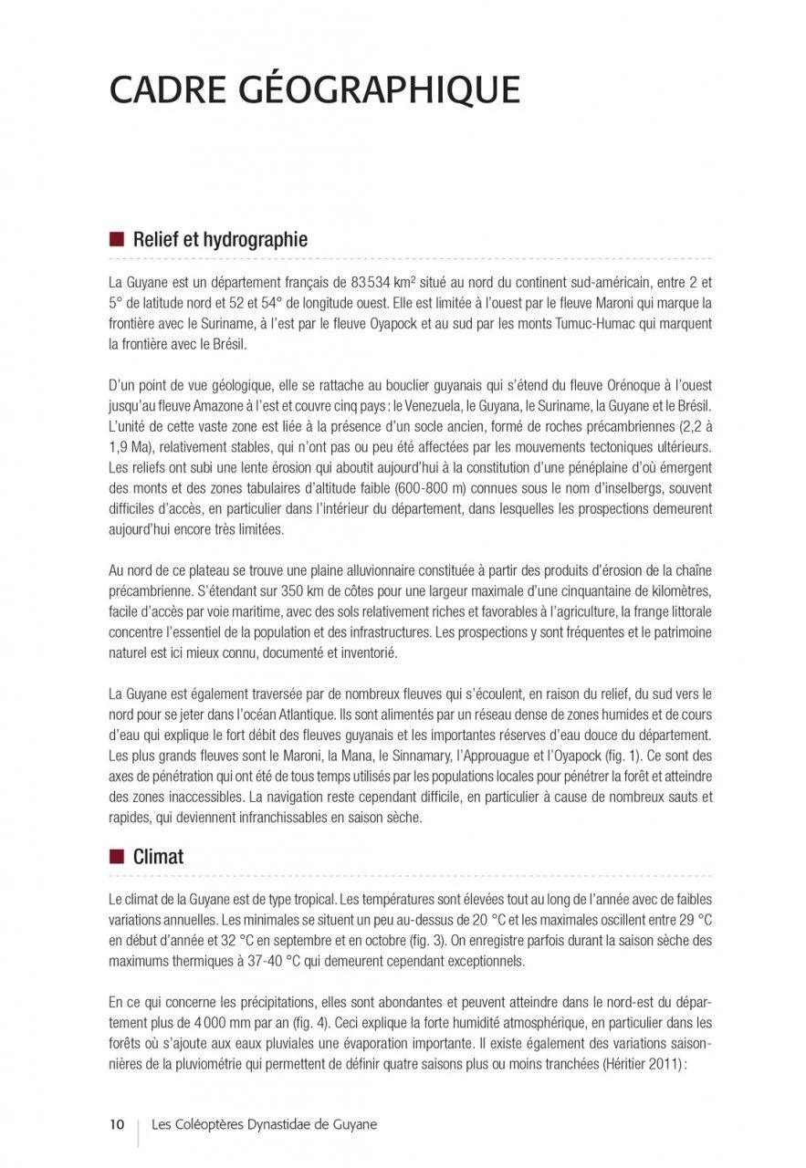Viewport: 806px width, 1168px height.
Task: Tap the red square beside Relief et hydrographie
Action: (116, 240)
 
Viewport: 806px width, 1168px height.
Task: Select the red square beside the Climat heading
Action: (116, 856)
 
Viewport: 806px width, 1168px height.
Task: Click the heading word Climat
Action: (158, 857)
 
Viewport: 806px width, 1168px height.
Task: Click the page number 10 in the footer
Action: (117, 1124)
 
